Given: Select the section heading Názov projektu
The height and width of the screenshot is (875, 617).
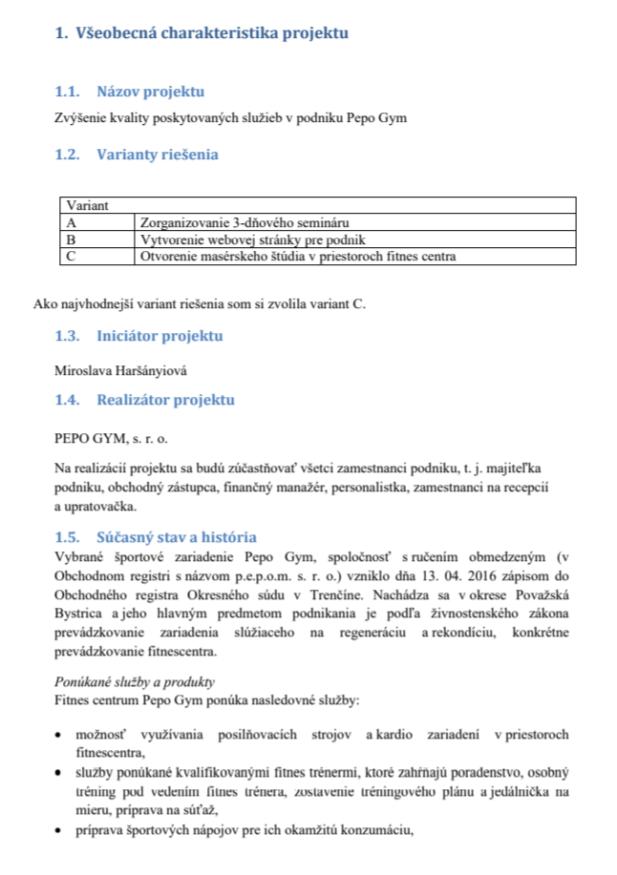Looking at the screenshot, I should click(x=151, y=93).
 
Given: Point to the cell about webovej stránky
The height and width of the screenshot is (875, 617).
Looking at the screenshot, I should click(x=253, y=239).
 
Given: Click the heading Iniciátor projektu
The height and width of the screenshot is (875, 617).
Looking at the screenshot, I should click(x=160, y=336).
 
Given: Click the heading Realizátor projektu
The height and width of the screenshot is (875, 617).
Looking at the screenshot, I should click(x=165, y=400).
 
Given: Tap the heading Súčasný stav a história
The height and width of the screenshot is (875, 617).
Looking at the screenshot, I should click(x=176, y=537).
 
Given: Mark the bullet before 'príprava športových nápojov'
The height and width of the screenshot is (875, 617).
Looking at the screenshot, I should click(x=60, y=829).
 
